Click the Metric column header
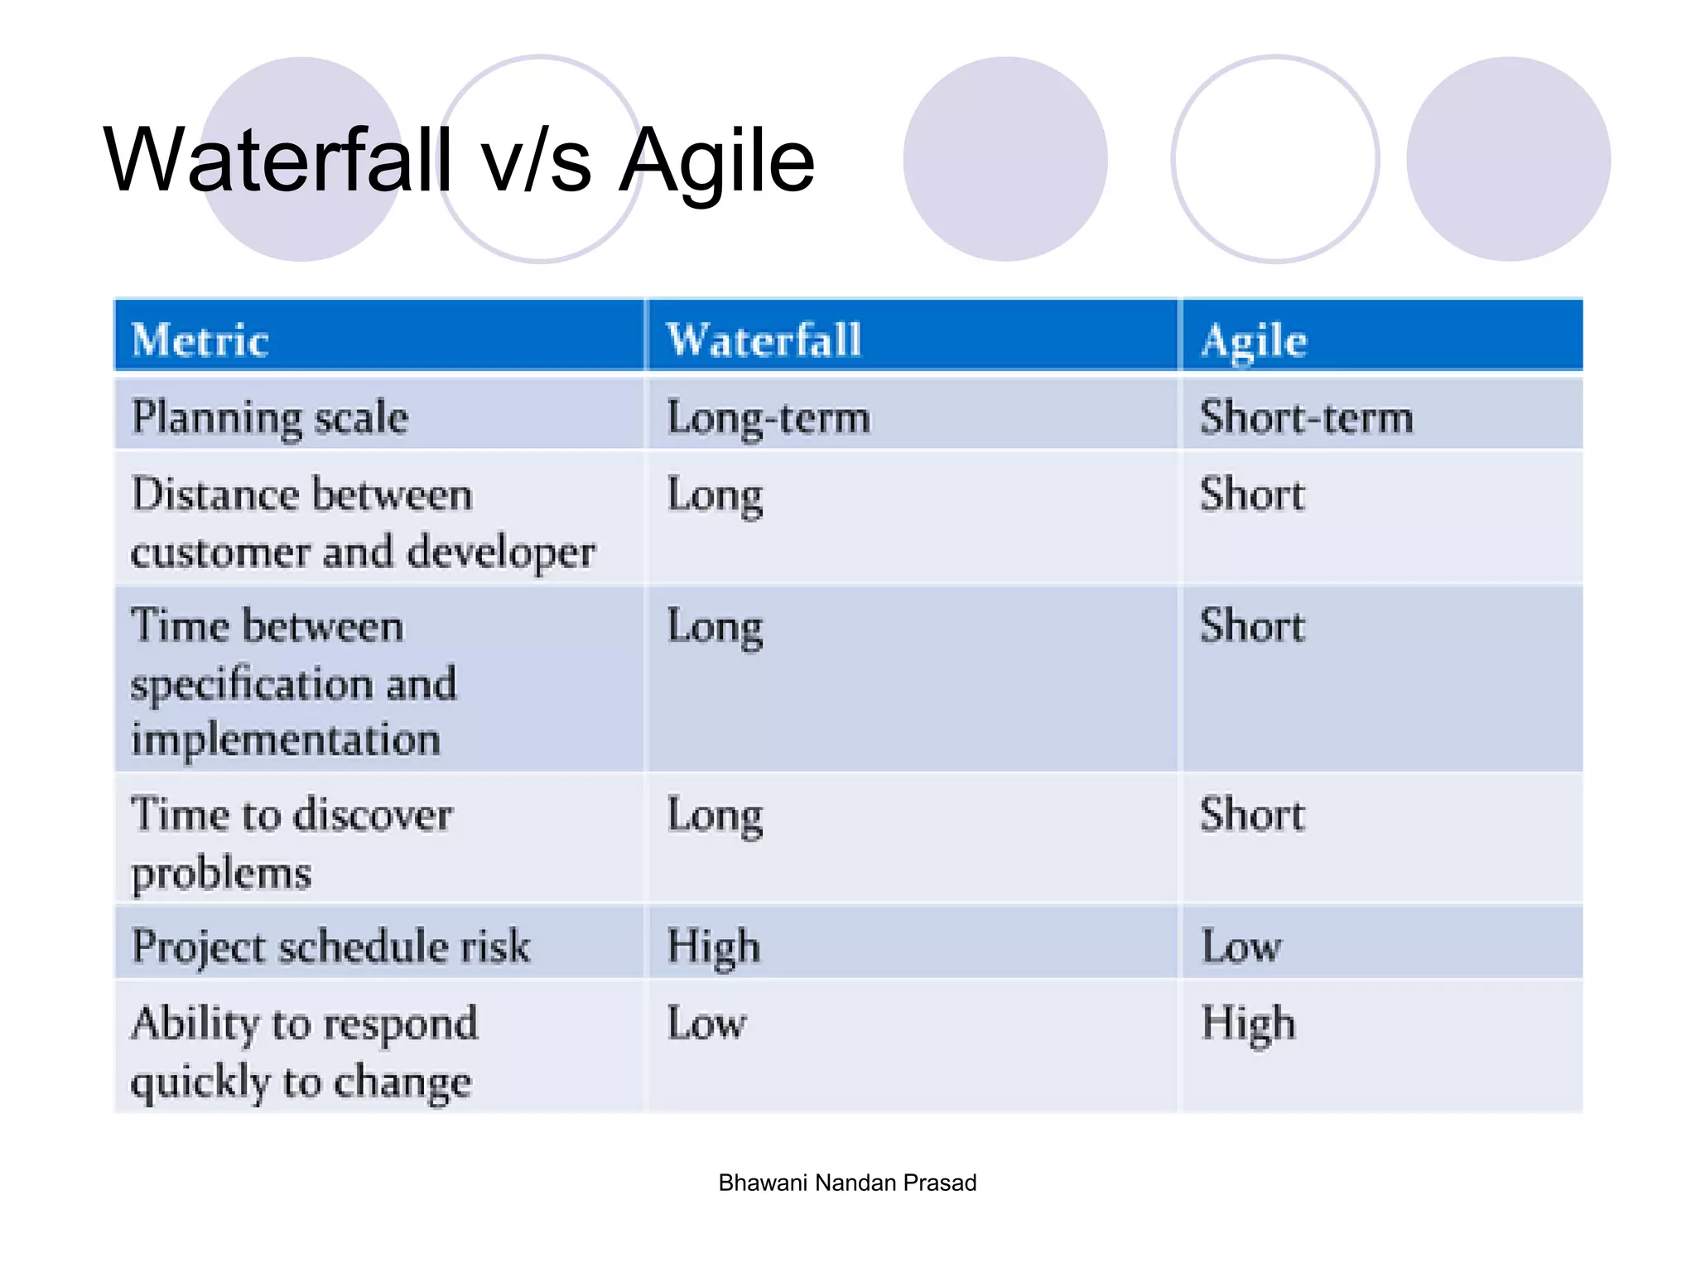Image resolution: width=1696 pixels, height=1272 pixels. point(200,340)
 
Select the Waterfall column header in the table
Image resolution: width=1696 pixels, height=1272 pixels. point(764,340)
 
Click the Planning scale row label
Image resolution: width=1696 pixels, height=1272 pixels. point(270,417)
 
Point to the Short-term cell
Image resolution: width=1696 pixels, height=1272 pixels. point(1306,417)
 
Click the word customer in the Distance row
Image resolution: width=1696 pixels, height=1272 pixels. point(220,552)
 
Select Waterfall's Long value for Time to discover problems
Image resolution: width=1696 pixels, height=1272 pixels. point(715,816)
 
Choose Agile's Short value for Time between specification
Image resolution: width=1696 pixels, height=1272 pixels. point(1252,626)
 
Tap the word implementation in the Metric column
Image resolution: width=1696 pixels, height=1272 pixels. point(286,739)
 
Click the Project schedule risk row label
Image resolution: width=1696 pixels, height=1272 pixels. point(330,947)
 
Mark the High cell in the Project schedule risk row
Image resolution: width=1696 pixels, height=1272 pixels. point(713,947)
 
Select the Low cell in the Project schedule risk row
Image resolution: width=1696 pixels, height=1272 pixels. point(1241,947)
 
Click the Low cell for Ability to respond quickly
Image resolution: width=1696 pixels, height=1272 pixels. point(706,1024)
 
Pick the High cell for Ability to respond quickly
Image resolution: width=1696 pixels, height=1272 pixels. point(1248,1024)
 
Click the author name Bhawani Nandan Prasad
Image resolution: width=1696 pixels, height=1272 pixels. point(847,1183)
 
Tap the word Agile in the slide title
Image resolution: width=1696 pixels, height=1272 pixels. point(717,161)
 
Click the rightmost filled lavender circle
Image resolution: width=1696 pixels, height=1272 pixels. point(1508,159)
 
